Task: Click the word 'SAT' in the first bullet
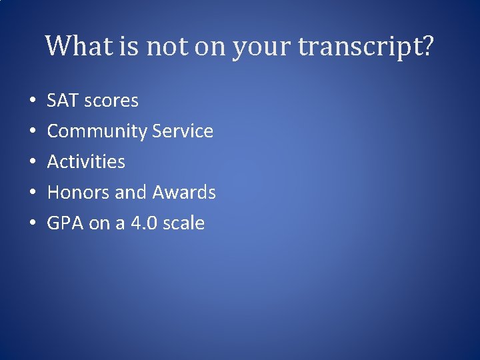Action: click(x=62, y=101)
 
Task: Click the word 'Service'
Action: click(x=183, y=131)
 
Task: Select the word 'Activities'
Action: click(x=86, y=162)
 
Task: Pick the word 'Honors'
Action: click(x=79, y=193)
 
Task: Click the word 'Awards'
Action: click(x=184, y=193)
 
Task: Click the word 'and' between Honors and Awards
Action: click(x=131, y=193)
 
